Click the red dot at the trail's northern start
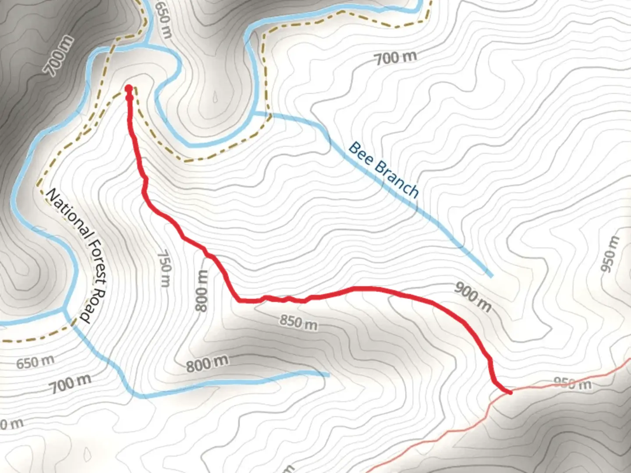129,89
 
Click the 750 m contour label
164,268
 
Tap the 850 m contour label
298,322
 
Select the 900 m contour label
473,296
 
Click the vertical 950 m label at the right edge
611,254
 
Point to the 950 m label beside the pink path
572,384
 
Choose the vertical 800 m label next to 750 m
202,290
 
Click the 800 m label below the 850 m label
207,363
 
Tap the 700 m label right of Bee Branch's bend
395,57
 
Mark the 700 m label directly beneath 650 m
70,384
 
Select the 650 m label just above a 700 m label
35,362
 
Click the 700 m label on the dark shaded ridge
60,56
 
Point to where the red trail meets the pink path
510,392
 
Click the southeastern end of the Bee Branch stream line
491,276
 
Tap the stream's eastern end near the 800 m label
328,374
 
